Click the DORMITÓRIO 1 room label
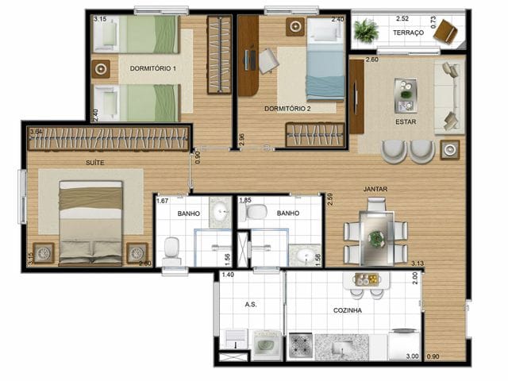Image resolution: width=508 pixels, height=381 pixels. [153, 68]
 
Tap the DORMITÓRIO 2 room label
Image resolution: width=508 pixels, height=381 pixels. [286, 107]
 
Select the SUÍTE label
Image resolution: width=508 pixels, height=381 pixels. [94, 163]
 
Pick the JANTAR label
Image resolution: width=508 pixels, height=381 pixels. [375, 189]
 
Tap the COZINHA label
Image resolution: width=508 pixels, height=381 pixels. [348, 310]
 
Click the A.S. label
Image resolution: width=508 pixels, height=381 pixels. [251, 304]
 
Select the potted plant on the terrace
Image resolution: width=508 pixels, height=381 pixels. [366, 31]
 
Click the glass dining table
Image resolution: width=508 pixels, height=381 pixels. [375, 232]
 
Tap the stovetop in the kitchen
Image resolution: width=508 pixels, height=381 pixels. [301, 347]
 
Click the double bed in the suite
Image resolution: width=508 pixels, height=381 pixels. [90, 222]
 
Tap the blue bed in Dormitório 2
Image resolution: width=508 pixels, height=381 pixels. [325, 60]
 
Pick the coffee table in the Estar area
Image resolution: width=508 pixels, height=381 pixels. [406, 94]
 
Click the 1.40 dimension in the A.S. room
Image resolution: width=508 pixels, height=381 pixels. [228, 275]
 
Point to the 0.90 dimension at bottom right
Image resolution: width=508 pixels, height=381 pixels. [433, 356]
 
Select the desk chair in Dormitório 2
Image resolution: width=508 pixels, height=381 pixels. [268, 60]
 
